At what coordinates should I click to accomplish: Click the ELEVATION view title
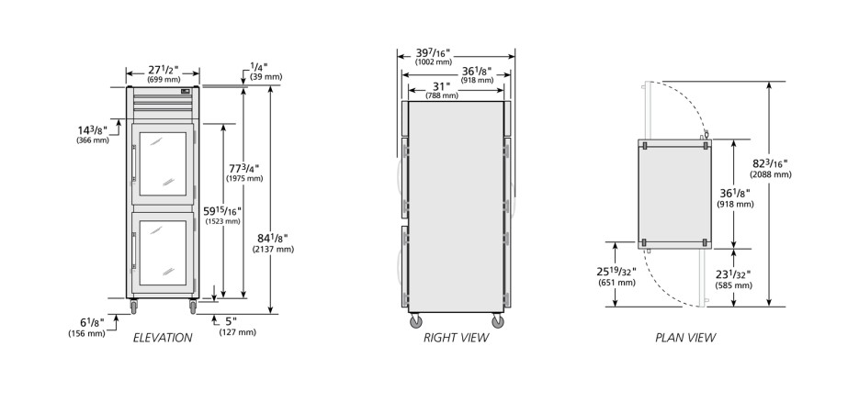tap(163, 338)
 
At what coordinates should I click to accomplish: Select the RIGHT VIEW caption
tap(456, 338)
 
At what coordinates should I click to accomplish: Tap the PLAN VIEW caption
tap(685, 338)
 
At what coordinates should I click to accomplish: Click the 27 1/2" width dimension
tap(164, 70)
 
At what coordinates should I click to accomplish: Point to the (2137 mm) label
tap(273, 250)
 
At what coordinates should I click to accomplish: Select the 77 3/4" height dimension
tap(243, 169)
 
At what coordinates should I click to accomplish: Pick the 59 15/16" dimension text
tap(223, 211)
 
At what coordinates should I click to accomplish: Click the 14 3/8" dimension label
tap(92, 130)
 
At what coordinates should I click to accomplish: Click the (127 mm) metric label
tap(237, 332)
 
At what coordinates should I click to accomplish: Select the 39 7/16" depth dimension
tap(433, 53)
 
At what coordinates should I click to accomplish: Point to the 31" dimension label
tap(441, 86)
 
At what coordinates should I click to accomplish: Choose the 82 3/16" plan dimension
tap(770, 163)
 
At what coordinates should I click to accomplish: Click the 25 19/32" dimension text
tap(616, 272)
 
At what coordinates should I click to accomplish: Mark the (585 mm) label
tap(733, 285)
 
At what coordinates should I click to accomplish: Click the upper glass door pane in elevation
tap(163, 163)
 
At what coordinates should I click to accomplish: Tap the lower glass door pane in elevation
tap(163, 252)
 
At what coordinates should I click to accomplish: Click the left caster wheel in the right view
tap(416, 321)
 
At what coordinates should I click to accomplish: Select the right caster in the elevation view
tap(193, 307)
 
